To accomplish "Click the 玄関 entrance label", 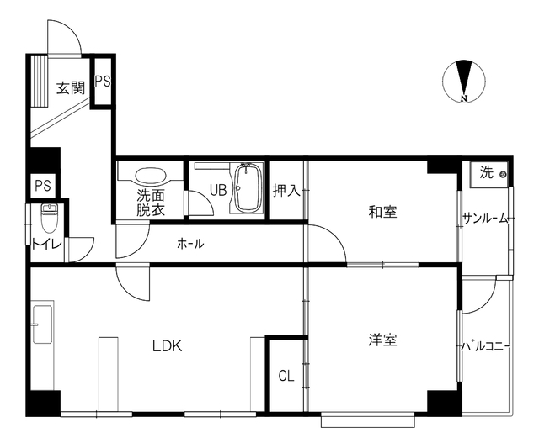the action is pyautogui.click(x=71, y=88).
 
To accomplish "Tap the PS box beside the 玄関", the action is pyautogui.click(x=103, y=82).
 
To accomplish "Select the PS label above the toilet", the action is pyautogui.click(x=43, y=186).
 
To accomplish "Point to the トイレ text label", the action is pyautogui.click(x=46, y=245).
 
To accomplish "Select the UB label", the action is pyautogui.click(x=218, y=190).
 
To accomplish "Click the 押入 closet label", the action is pyautogui.click(x=286, y=191).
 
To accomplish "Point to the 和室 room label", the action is pyautogui.click(x=382, y=212).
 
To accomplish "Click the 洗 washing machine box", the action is pyautogui.click(x=488, y=174).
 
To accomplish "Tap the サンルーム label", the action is pyautogui.click(x=485, y=219).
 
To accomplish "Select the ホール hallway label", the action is pyautogui.click(x=190, y=244).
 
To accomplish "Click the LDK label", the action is pyautogui.click(x=167, y=346).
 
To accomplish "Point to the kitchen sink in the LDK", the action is pyautogui.click(x=43, y=324).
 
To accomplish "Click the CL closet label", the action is pyautogui.click(x=286, y=377).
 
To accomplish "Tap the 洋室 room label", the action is pyautogui.click(x=382, y=340).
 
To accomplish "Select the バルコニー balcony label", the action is pyautogui.click(x=485, y=346).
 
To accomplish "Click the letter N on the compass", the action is pyautogui.click(x=464, y=98).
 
